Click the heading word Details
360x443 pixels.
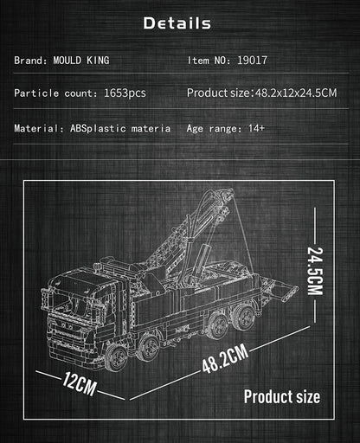[x=177, y=22]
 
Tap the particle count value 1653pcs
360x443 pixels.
[x=126, y=93]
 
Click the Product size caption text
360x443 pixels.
[x=281, y=397]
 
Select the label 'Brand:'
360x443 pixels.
[x=30, y=61]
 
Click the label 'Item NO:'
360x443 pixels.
[x=209, y=61]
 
